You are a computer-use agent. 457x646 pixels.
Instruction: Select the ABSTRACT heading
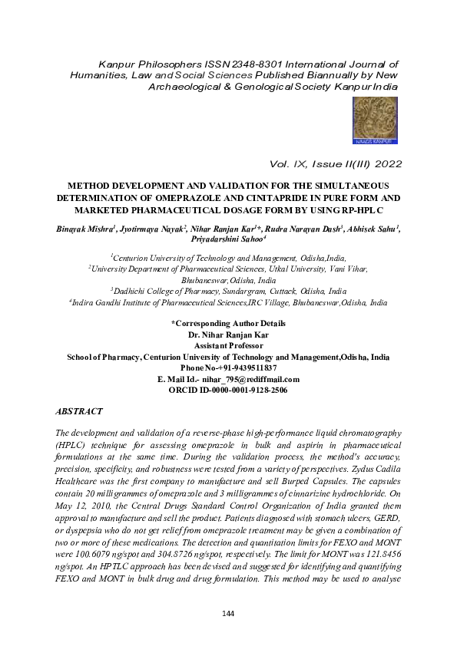[x=80, y=412]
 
